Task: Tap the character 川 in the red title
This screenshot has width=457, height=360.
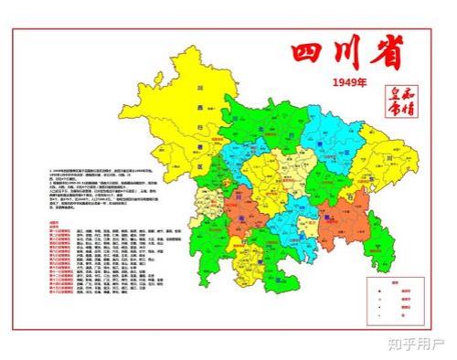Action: [346, 51]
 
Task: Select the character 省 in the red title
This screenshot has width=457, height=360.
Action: [386, 51]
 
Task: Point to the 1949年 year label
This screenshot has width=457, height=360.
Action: [347, 83]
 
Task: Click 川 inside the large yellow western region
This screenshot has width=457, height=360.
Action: [197, 89]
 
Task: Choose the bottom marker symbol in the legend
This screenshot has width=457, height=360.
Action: [377, 318]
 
